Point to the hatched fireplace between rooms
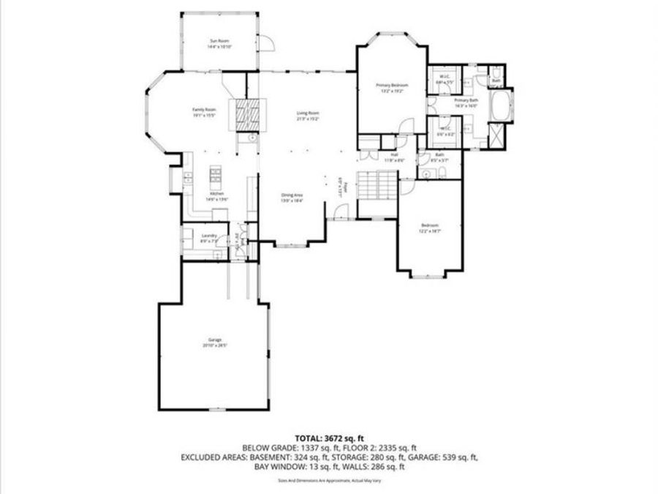point(246,113)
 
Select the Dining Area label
point(292,196)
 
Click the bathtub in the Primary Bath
point(501,105)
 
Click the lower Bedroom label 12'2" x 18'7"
point(430,227)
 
